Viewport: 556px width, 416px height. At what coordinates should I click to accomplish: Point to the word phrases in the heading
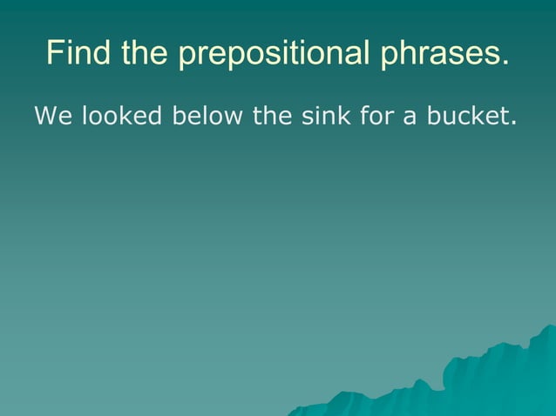click(x=441, y=55)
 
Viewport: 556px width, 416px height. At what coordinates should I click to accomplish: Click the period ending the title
click(x=505, y=63)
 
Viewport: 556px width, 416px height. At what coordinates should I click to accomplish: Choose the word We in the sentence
click(x=53, y=116)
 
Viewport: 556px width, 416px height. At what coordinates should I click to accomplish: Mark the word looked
click(x=122, y=116)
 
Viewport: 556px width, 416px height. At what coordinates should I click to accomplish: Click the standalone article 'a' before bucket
click(x=407, y=117)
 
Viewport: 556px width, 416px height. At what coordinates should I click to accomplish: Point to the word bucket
click(x=465, y=116)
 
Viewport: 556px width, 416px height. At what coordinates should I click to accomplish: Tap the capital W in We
click(x=45, y=116)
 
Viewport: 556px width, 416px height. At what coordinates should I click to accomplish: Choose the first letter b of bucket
click(x=432, y=116)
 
